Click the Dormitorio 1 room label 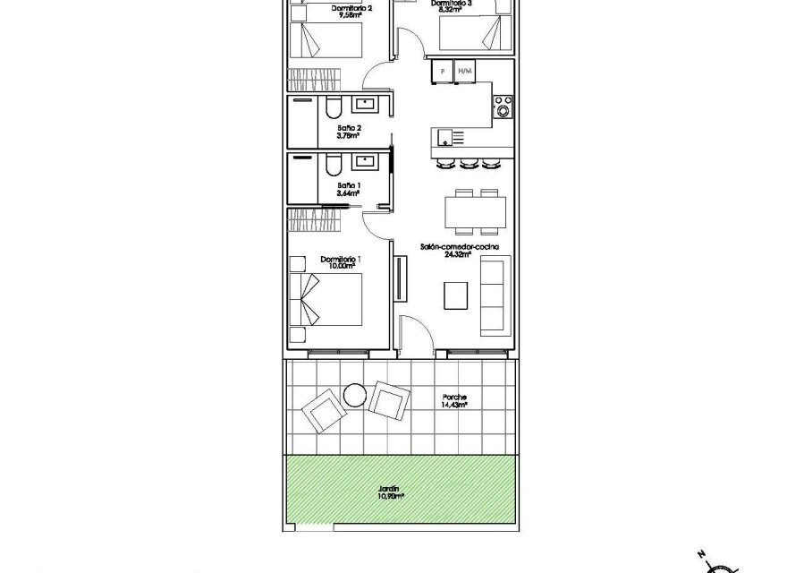pyautogui.click(x=340, y=259)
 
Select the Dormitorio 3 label pyautogui.click(x=451, y=4)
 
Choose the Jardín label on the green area pyautogui.click(x=390, y=490)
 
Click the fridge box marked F pyautogui.click(x=442, y=70)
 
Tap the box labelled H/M pyautogui.click(x=464, y=70)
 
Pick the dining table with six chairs pyautogui.click(x=476, y=211)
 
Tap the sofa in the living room pyautogui.click(x=493, y=293)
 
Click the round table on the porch pyautogui.click(x=355, y=394)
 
